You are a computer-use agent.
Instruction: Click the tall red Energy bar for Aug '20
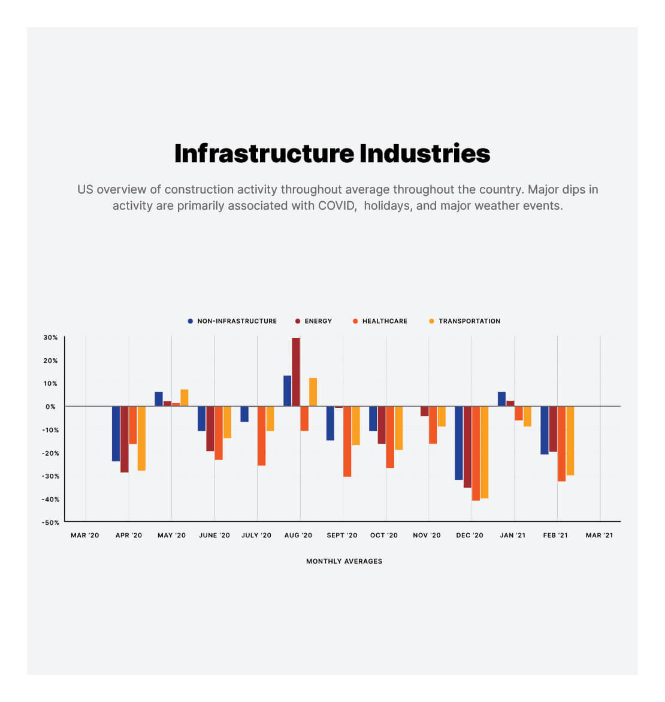[x=296, y=371]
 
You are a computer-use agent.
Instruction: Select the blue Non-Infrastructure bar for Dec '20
[x=458, y=443]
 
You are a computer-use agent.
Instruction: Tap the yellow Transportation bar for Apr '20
[x=141, y=438]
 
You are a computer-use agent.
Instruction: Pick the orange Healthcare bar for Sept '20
[x=347, y=441]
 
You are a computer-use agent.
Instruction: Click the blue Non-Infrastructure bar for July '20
[x=244, y=414]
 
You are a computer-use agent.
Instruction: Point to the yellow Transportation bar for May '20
[x=185, y=398]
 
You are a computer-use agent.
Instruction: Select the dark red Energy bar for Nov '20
[x=424, y=411]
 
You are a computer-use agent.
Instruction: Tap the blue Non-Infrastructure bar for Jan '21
[x=501, y=399]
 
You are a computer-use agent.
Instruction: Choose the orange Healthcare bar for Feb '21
[x=561, y=444]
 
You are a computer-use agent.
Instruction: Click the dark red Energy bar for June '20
[x=210, y=428]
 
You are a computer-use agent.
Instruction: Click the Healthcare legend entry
[x=384, y=321]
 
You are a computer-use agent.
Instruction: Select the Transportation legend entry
[x=469, y=321]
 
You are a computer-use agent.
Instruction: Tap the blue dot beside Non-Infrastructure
[x=191, y=321]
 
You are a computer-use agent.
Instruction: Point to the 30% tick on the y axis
[x=50, y=338]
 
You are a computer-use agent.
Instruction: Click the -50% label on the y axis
[x=50, y=522]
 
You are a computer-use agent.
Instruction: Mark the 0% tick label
[x=50, y=407]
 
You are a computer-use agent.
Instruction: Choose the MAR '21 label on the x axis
[x=599, y=535]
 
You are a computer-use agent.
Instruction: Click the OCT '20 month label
[x=383, y=535]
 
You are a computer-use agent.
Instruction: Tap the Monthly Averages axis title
[x=344, y=561]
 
